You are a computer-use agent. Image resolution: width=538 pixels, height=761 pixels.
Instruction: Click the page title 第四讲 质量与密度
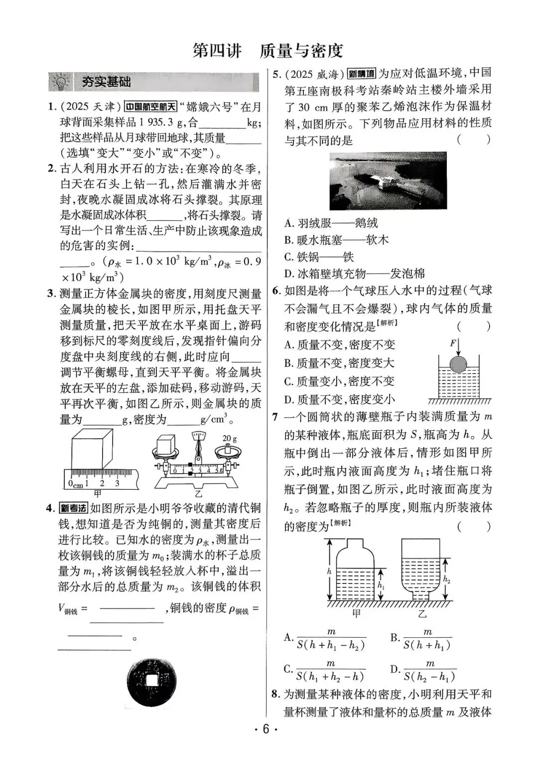[268, 51]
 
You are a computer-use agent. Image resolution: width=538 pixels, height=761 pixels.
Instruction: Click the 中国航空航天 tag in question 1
[150, 107]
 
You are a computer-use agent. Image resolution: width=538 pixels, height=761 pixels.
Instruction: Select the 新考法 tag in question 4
[73, 509]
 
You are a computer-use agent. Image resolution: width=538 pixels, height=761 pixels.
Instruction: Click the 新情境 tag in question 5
[361, 74]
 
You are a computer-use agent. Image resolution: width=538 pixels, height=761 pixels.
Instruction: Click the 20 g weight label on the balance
[230, 438]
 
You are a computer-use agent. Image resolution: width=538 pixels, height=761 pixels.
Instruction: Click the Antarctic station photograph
[388, 181]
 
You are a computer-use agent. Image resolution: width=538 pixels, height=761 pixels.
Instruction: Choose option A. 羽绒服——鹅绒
[331, 223]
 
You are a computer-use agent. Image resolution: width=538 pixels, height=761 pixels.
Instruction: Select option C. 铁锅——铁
[319, 257]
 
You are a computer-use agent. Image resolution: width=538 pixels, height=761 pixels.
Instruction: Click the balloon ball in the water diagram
[459, 364]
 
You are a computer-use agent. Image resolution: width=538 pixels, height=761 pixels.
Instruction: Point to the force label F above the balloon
[453, 343]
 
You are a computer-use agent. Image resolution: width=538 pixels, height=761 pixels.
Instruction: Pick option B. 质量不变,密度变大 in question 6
[339, 363]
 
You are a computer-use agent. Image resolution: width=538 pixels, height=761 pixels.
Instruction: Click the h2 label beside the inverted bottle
[447, 579]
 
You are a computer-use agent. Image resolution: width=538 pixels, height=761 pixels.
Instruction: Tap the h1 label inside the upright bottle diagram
[381, 586]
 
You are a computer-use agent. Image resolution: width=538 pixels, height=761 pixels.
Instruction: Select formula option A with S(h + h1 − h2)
[325, 639]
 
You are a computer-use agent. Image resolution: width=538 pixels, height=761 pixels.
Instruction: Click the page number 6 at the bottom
[266, 729]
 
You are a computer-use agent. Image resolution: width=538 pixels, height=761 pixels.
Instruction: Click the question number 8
[275, 694]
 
